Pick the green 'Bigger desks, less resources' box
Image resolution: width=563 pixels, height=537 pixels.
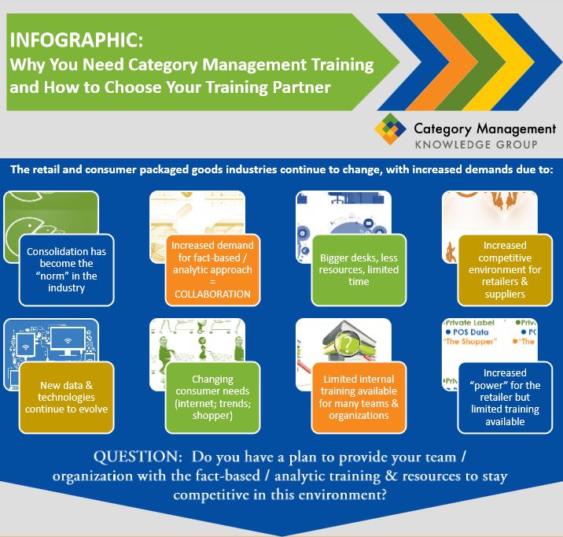(359, 269)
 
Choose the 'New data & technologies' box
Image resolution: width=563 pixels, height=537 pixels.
(67, 398)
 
